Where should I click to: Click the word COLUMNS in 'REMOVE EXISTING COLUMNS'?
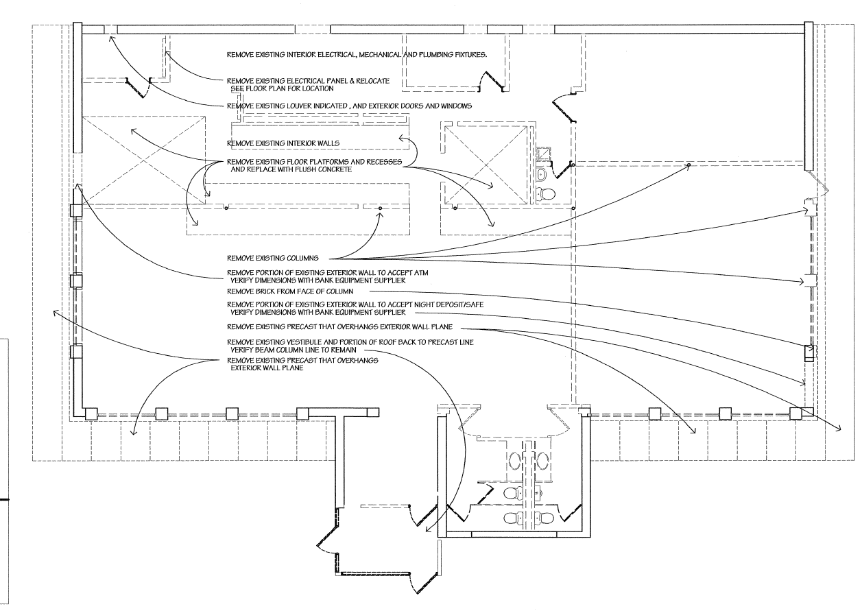(x=303, y=258)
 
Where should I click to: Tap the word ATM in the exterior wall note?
(x=420, y=273)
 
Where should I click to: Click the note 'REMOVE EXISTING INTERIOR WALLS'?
(x=283, y=143)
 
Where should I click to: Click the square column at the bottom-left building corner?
(x=91, y=414)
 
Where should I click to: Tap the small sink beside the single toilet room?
(x=542, y=174)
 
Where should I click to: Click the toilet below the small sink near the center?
(x=545, y=193)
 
